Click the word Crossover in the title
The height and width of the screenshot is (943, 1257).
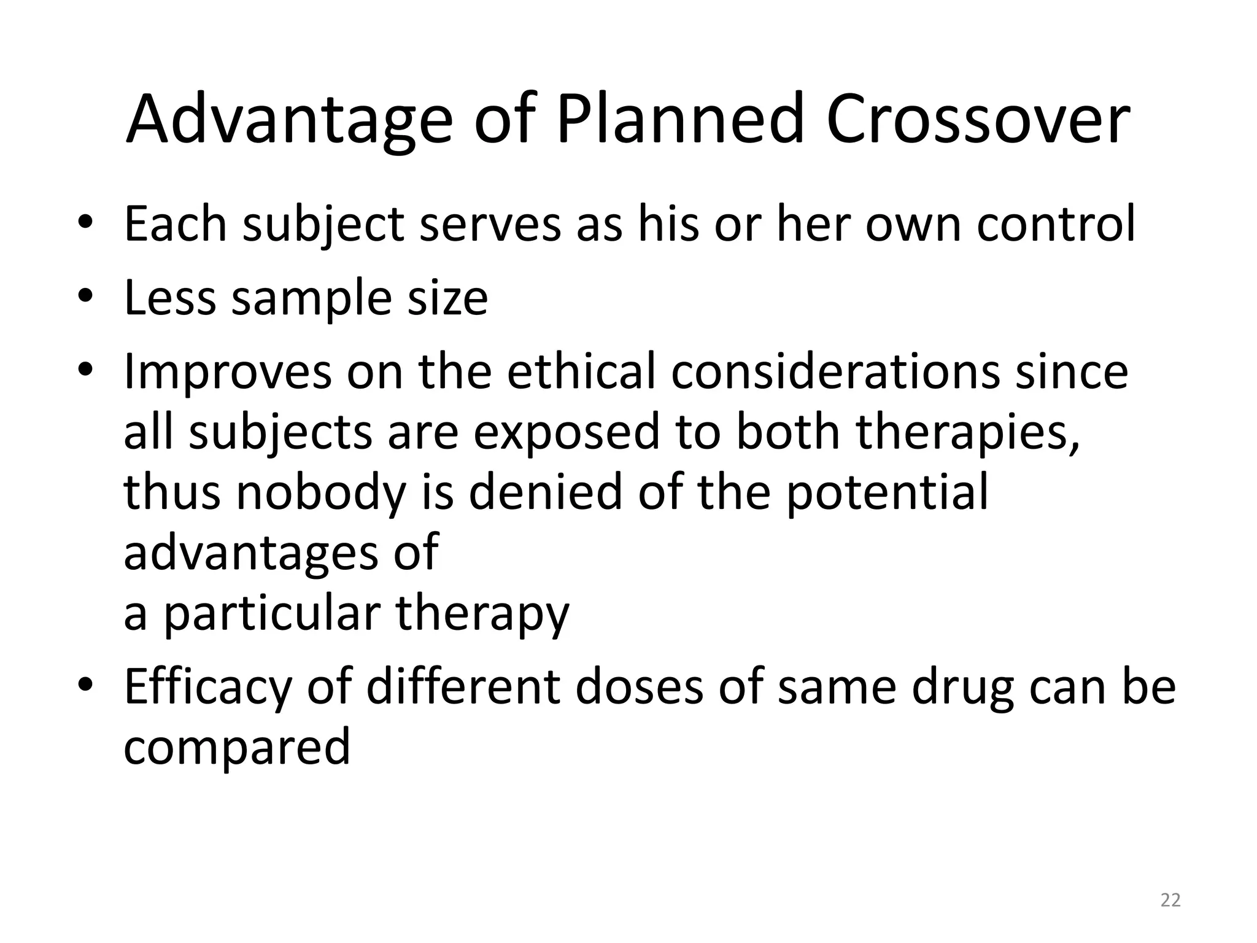coord(977,119)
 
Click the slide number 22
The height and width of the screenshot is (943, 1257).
coord(1170,900)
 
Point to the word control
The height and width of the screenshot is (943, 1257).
coord(1056,223)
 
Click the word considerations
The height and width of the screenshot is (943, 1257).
coord(835,371)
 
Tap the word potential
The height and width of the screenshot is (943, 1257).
coord(888,492)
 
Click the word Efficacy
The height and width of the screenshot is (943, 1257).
coord(207,688)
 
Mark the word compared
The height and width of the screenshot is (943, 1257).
coord(237,748)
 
